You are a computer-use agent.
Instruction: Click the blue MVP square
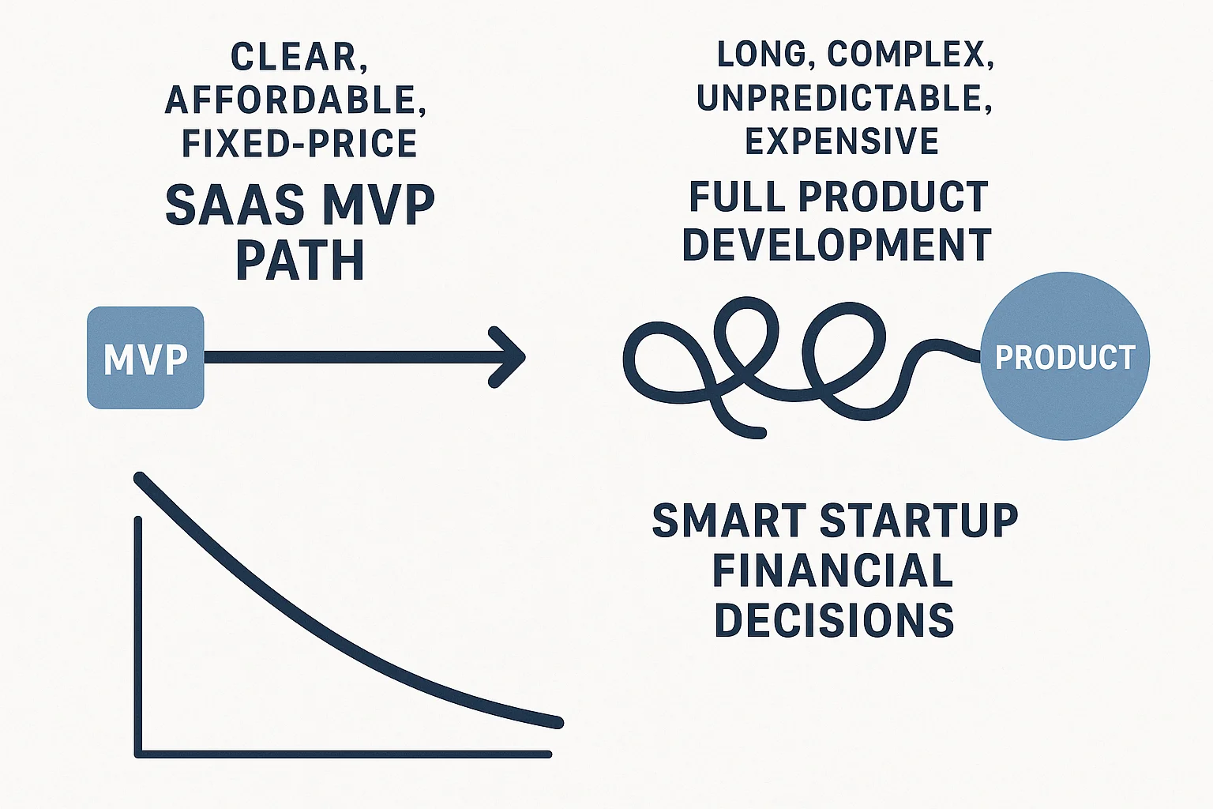[145, 357]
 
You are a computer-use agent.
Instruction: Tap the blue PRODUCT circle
[1065, 356]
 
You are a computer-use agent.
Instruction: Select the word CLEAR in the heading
[293, 57]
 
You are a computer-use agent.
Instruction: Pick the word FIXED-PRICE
[299, 143]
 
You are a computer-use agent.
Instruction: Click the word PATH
[300, 260]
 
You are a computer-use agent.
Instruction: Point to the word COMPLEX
[908, 55]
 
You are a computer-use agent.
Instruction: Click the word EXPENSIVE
[842, 141]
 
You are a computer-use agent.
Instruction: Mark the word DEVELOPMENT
[837, 245]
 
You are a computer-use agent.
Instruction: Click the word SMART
[730, 521]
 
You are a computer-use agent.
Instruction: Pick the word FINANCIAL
[833, 570]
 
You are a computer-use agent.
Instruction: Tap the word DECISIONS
[834, 619]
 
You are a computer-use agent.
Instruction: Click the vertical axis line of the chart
[138, 632]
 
